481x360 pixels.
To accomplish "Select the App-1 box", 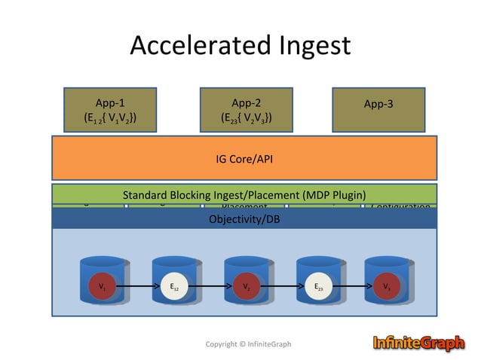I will (110, 110).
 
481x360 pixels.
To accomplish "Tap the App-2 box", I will (246, 110).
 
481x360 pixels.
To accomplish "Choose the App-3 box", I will (378, 110).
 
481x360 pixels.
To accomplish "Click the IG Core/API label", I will (244, 159).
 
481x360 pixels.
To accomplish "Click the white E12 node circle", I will (173, 286).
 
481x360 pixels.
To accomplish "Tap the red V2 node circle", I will (246, 286).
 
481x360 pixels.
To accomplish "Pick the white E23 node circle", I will (318, 286).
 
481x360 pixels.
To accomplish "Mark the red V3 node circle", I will (386, 286).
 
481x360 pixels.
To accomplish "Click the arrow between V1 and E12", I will (137, 286).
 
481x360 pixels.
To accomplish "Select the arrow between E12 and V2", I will (210, 286).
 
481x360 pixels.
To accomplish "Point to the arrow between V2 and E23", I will (282, 286).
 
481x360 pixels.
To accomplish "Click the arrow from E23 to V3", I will (353, 286).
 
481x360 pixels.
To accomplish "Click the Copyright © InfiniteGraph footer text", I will (248, 344).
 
